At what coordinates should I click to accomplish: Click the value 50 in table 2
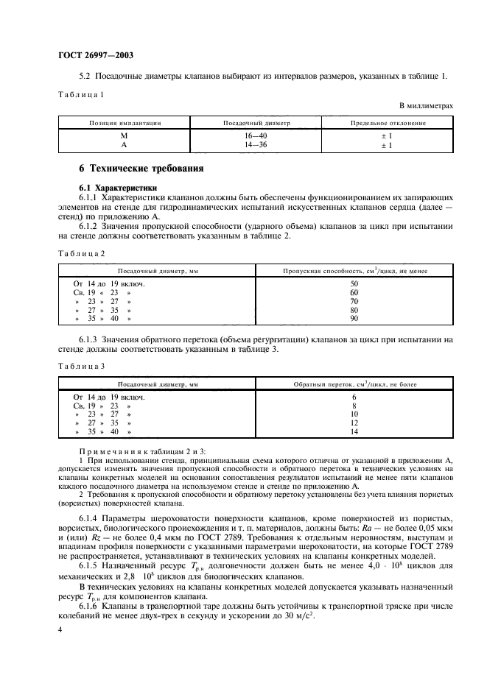[354, 283]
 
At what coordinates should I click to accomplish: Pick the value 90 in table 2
[354, 318]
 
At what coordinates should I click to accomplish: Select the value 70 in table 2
[354, 300]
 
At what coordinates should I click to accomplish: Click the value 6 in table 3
[354, 397]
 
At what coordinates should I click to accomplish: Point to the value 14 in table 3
[354, 432]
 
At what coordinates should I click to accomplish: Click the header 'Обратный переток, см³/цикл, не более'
[354, 384]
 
